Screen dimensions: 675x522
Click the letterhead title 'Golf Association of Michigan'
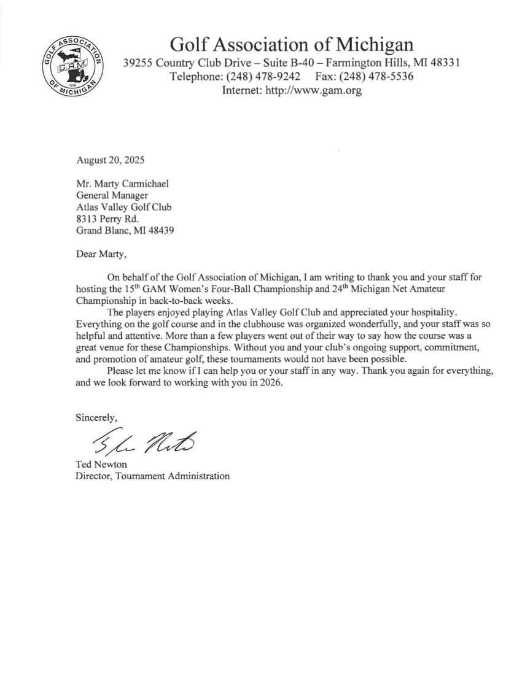(x=291, y=44)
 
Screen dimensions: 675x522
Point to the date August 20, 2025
(x=110, y=161)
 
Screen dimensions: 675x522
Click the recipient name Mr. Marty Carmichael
(x=122, y=182)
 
